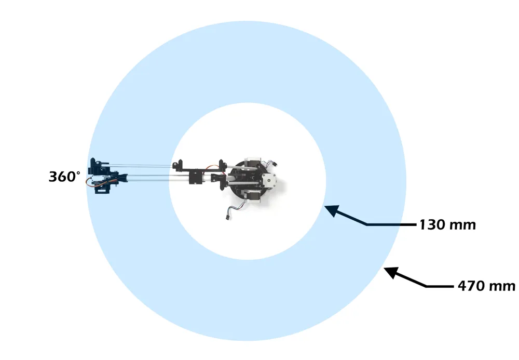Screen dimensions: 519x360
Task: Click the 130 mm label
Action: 447,225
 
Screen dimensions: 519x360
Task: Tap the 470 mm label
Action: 486,286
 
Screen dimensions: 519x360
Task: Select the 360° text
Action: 64,177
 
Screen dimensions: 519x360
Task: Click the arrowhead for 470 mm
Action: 391,272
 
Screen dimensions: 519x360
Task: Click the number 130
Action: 432,225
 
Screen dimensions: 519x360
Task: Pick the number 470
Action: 470,286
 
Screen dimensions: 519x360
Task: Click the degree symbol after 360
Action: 78,172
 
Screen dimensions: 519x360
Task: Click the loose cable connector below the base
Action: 227,217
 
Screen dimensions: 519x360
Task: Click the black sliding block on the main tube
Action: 195,179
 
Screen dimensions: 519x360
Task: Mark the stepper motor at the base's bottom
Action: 252,195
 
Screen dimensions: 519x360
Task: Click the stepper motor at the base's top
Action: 253,162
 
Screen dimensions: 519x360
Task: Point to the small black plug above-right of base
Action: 275,164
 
